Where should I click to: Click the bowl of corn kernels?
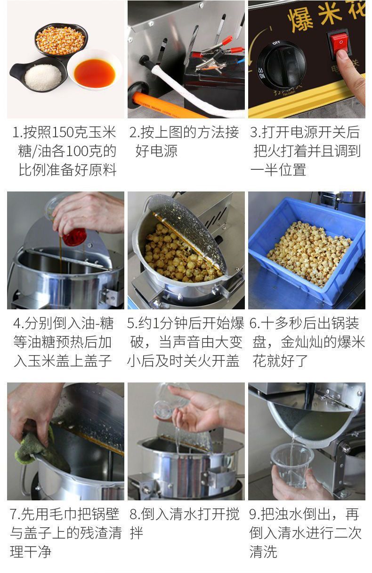(x=61, y=40)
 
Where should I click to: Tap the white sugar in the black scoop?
(x=43, y=77)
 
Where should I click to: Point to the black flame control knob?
(x=282, y=65)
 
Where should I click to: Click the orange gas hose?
(x=163, y=104)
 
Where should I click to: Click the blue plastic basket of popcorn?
(x=307, y=251)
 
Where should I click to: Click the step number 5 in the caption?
(x=131, y=324)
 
